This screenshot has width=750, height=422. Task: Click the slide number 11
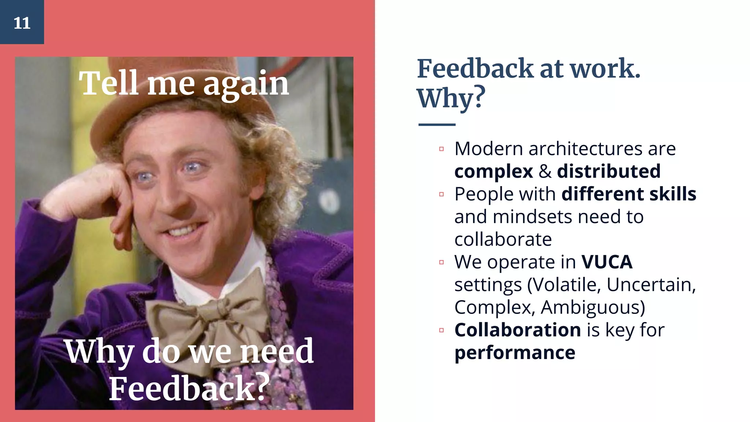tap(22, 23)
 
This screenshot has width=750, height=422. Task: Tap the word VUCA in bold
tap(607, 262)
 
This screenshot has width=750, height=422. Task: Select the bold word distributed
tap(609, 171)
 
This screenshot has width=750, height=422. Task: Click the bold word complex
tap(493, 171)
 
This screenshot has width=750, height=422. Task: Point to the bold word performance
tap(515, 353)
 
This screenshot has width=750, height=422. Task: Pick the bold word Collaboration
tap(517, 330)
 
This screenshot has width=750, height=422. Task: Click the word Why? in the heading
tap(451, 98)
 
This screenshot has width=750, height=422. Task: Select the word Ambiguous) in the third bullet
tap(593, 307)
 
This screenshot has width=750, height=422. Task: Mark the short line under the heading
tap(437, 125)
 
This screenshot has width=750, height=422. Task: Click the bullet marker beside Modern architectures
tap(441, 149)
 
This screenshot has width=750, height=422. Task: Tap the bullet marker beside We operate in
tap(441, 262)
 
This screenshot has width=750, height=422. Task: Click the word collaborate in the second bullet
tap(503, 240)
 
